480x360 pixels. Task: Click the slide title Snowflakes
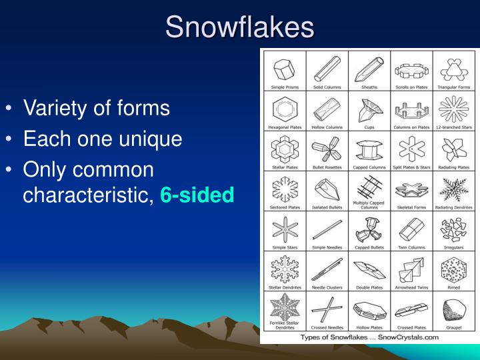(x=240, y=27)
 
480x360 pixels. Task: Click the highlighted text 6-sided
(x=197, y=195)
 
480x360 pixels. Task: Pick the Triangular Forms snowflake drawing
(x=453, y=67)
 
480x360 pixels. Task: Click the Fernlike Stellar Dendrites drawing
(x=285, y=309)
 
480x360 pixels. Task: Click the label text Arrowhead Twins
(x=411, y=288)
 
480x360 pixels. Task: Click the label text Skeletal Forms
(x=411, y=207)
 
